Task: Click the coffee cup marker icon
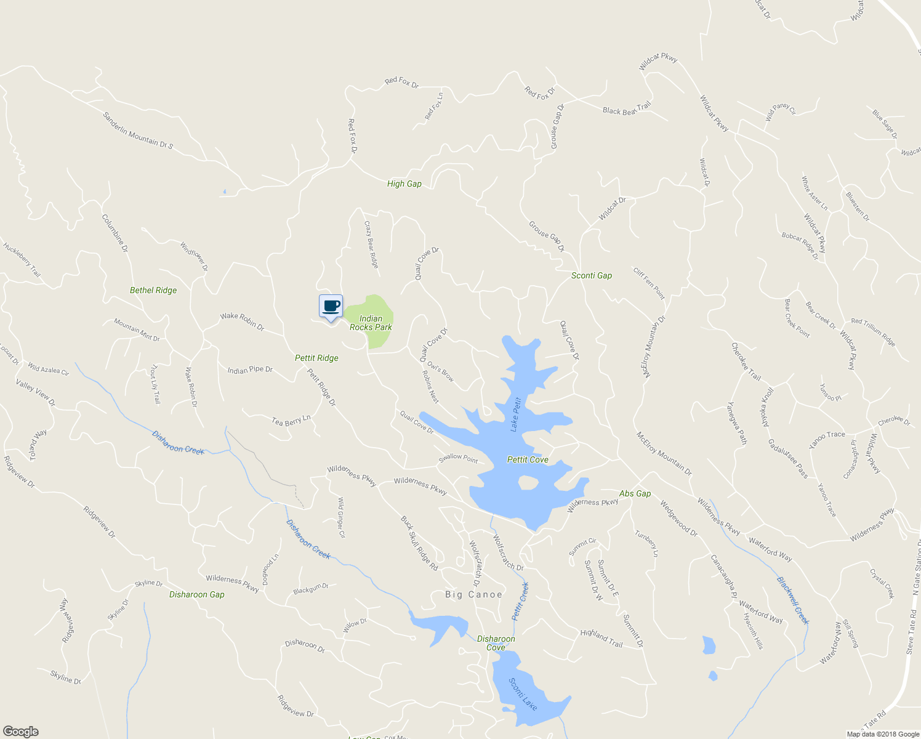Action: (331, 306)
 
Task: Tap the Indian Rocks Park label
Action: (371, 323)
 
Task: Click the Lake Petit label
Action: (516, 414)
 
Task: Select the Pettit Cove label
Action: (528, 460)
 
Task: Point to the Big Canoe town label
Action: (473, 595)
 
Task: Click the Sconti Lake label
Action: (523, 693)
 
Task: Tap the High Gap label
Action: (404, 184)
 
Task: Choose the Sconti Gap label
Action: (592, 275)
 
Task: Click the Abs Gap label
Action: (635, 493)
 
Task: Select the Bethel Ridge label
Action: (153, 290)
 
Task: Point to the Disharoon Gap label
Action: (197, 594)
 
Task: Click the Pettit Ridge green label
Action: (316, 358)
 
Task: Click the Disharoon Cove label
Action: (496, 643)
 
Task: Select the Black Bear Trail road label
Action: (627, 109)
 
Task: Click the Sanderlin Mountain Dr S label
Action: (138, 131)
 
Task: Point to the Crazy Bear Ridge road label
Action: (371, 244)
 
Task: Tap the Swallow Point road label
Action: (458, 458)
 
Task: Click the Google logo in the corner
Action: (20, 732)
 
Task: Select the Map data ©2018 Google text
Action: (882, 734)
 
